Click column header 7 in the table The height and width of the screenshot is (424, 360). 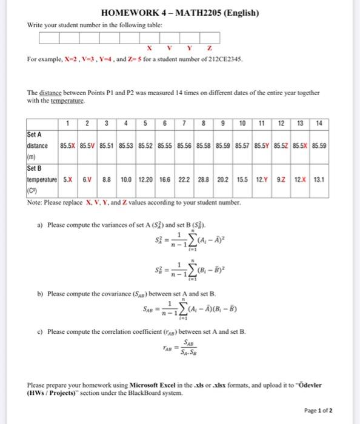coord(183,124)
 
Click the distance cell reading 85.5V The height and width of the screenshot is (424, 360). coord(88,146)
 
